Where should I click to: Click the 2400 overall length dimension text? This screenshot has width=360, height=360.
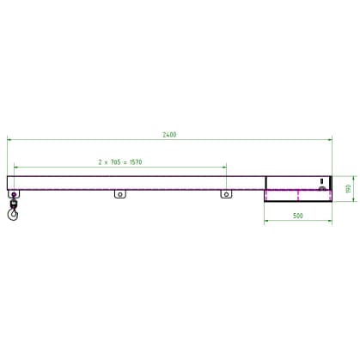pos(169,135)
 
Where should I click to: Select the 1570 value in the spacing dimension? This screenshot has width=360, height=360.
pos(136,162)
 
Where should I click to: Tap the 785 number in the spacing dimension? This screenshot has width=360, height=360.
pos(115,162)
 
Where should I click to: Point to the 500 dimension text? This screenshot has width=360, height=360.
pos(298,216)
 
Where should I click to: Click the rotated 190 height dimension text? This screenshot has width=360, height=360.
pos(349,189)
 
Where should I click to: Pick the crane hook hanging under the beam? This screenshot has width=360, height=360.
pos(13,214)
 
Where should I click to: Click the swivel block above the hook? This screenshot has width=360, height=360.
pos(13,204)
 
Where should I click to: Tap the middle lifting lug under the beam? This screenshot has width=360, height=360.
pos(120,194)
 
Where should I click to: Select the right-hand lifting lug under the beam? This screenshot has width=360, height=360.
pos(226,194)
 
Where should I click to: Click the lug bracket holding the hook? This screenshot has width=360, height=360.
pos(14,194)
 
